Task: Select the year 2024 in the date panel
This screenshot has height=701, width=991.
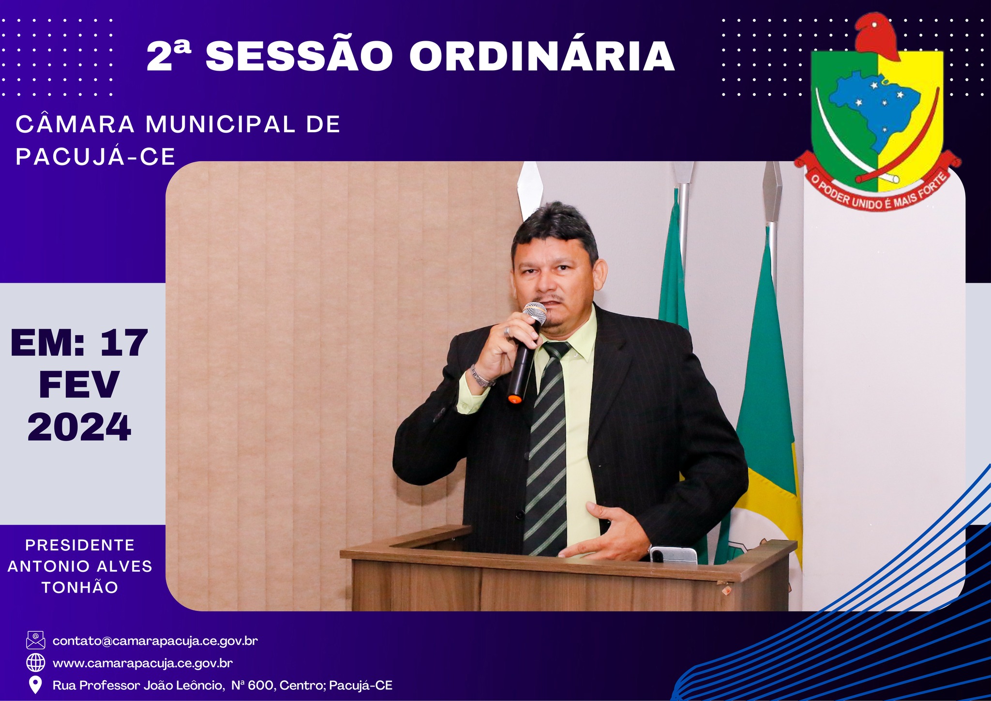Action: (x=79, y=427)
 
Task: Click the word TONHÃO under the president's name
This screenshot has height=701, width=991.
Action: (x=80, y=587)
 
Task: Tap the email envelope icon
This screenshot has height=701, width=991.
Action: (x=35, y=640)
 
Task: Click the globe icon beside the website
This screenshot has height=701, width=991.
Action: (x=35, y=662)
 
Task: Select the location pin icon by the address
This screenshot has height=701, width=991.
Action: (x=35, y=685)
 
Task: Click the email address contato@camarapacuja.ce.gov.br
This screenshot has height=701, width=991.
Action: (x=155, y=640)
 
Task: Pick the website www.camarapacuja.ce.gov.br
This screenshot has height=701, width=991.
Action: (x=143, y=663)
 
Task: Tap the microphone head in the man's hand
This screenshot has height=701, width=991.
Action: (x=534, y=314)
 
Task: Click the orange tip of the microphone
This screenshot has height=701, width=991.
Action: (x=514, y=399)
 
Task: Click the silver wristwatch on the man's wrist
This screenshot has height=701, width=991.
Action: (x=481, y=377)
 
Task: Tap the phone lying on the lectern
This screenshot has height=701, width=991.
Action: (x=673, y=555)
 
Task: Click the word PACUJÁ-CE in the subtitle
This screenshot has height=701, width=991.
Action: (x=95, y=156)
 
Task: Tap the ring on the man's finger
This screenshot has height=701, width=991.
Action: (x=507, y=332)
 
